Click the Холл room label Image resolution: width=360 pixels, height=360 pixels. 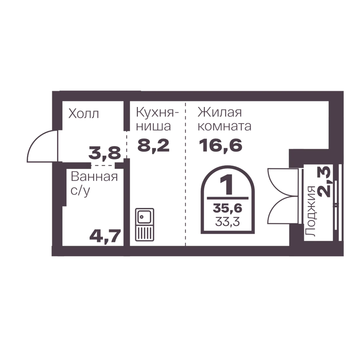tap(84, 114)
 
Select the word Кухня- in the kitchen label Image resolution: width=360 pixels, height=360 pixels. tap(157, 112)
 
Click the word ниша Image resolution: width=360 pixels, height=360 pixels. tap(153, 126)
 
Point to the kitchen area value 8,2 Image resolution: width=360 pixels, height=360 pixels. tap(153, 145)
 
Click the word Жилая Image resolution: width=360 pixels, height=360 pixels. tap(220, 112)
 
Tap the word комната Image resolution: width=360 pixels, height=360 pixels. tap(225, 126)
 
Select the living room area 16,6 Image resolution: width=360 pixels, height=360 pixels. tap(221, 145)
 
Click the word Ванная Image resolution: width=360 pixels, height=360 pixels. tap(94, 177)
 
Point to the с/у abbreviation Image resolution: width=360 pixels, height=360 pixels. tap(80, 191)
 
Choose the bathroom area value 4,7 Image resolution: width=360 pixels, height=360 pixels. tap(105, 236)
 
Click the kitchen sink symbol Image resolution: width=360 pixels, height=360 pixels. tap(144, 225)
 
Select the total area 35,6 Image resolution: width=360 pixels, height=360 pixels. tap(228, 208)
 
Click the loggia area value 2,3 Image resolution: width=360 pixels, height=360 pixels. tap(324, 182)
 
